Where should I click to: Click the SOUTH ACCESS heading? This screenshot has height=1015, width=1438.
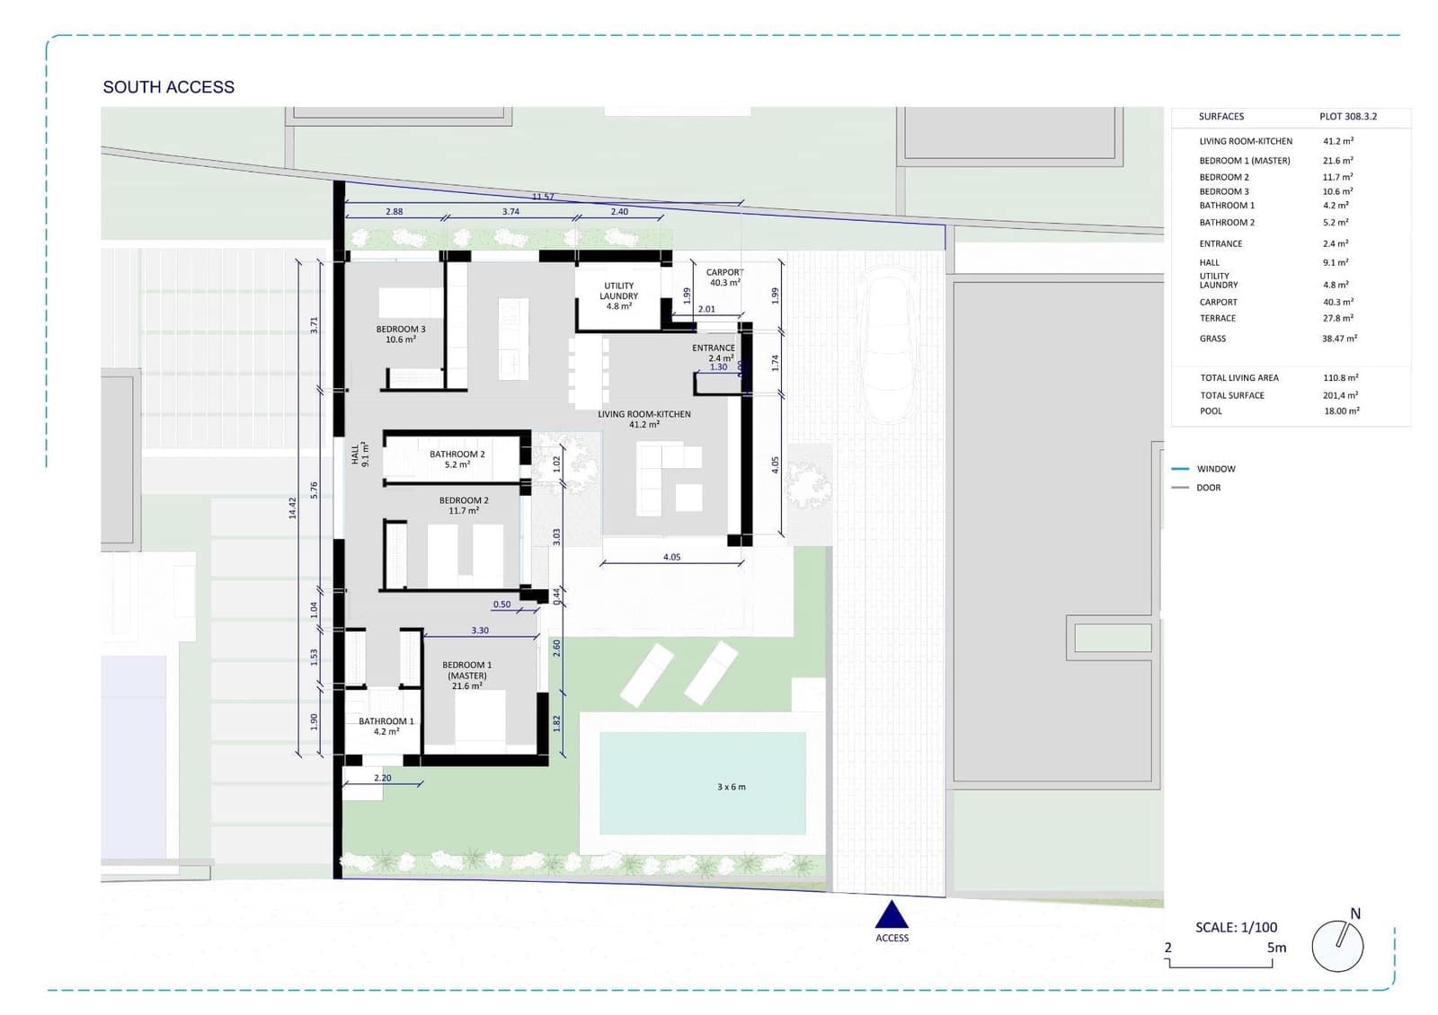point(168,87)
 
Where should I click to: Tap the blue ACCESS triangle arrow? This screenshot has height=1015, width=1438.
point(892,916)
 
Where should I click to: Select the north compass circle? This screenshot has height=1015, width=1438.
point(1337,946)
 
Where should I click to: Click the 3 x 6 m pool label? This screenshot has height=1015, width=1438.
point(731,787)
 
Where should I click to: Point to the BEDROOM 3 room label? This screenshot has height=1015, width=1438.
point(401,334)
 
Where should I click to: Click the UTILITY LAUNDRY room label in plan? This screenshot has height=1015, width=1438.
point(618,296)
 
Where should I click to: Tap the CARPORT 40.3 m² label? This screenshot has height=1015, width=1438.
point(724,277)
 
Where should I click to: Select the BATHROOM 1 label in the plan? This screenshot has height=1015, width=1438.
point(386,726)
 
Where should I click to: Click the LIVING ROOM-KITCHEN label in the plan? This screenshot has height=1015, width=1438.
point(644,419)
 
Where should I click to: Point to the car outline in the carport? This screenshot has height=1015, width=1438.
point(888,346)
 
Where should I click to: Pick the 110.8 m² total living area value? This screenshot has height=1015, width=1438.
point(1340,378)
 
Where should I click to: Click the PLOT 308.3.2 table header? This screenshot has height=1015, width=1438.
point(1347,117)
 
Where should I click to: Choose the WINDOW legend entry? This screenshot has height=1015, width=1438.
point(1215,469)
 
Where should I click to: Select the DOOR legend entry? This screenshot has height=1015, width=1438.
point(1208,488)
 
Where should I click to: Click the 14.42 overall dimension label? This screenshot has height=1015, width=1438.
point(292,507)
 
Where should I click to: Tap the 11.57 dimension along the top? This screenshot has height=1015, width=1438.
point(543,197)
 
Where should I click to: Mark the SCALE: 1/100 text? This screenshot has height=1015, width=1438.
point(1236,927)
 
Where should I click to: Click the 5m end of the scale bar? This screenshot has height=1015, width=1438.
point(1275,948)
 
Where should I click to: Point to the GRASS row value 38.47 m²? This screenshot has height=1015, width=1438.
point(1339,339)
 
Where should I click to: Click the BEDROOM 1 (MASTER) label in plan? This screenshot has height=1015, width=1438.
point(467,675)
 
